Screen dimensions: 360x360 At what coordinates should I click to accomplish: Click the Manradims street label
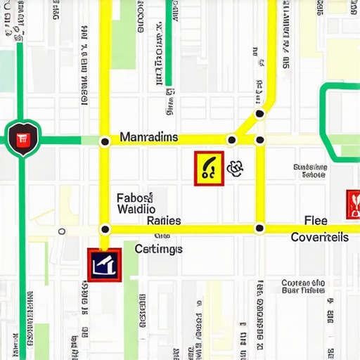click(149, 137)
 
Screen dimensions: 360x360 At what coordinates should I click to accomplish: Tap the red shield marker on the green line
click(22, 139)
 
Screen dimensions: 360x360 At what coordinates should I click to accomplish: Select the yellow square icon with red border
click(209, 169)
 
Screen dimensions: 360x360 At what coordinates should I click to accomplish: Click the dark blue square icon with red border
click(105, 264)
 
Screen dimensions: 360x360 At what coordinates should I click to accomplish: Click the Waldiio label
click(136, 209)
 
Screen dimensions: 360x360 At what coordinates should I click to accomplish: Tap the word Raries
click(164, 221)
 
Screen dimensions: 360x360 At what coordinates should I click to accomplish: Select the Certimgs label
click(158, 248)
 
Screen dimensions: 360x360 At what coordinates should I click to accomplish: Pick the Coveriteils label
click(319, 238)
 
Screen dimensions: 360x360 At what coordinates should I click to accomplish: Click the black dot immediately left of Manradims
click(105, 141)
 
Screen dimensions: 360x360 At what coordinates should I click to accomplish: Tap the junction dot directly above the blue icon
click(105, 229)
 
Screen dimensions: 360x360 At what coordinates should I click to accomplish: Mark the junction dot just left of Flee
click(259, 227)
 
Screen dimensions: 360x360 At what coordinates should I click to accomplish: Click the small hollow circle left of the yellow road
click(62, 231)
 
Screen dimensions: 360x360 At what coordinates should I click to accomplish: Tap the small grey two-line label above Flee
click(309, 172)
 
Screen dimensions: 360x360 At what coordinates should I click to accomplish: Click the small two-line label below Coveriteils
click(303, 285)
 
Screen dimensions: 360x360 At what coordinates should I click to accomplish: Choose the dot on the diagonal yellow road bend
click(259, 113)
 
